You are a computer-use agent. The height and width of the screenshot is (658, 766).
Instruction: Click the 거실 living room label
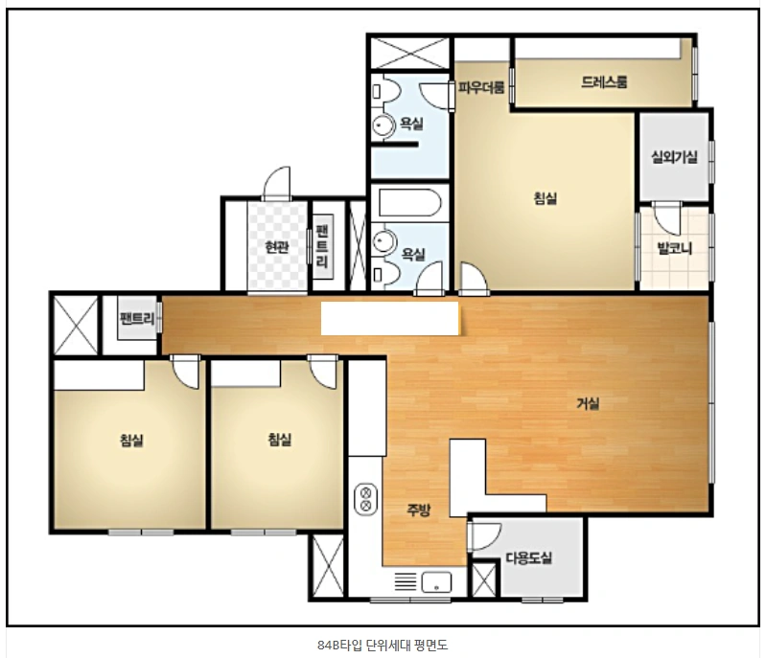click(x=588, y=403)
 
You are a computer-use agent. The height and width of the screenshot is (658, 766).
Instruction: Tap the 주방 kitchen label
click(x=419, y=511)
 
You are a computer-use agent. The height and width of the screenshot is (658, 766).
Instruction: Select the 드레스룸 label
click(x=604, y=81)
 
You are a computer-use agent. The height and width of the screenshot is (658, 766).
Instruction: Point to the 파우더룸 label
click(x=481, y=88)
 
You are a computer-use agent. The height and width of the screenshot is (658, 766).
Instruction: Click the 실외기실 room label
click(x=674, y=157)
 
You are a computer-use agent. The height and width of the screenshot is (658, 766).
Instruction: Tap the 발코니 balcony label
click(x=675, y=248)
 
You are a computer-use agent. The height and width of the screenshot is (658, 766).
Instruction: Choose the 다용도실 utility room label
click(x=529, y=557)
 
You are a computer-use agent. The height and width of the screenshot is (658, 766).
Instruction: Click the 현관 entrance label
click(x=277, y=247)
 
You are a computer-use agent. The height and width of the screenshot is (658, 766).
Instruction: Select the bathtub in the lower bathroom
click(x=409, y=203)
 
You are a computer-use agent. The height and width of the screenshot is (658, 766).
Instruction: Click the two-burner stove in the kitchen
click(x=365, y=499)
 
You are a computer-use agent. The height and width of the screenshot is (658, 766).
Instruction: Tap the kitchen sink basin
click(x=436, y=582)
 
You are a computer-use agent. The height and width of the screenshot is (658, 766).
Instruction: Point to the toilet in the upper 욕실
click(x=385, y=91)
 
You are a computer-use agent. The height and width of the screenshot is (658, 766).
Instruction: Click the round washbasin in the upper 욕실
click(x=383, y=125)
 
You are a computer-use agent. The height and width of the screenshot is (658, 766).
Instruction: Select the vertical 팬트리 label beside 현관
click(x=322, y=246)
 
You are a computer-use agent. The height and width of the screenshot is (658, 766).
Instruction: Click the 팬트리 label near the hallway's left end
click(x=137, y=319)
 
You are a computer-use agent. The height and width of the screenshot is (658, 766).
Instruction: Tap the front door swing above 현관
click(x=277, y=183)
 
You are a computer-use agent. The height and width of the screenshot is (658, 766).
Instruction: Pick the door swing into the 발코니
click(x=666, y=217)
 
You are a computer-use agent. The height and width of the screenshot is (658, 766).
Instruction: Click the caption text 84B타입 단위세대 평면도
click(x=383, y=646)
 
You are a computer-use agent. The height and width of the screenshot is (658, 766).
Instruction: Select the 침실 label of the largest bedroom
click(x=545, y=198)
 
